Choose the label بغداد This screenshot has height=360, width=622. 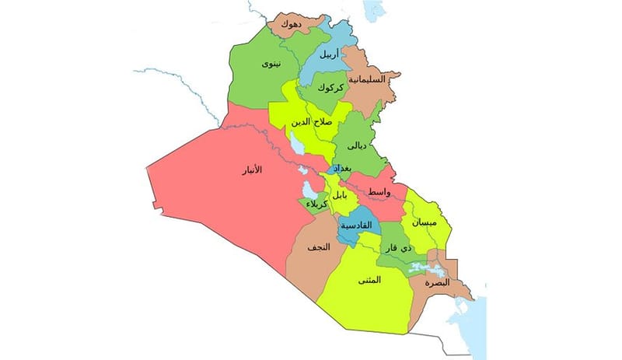(x=342, y=169)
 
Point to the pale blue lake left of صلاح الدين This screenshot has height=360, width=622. (x=296, y=142)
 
